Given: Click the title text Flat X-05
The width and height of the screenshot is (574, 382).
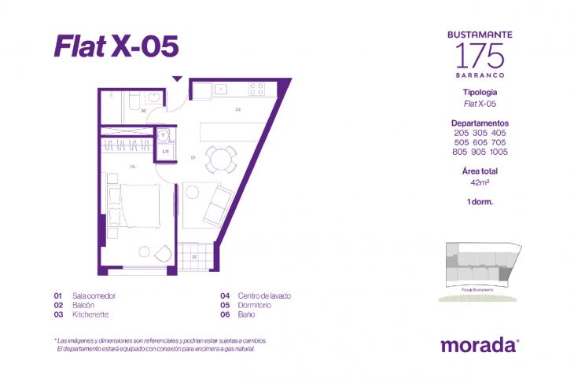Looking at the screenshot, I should coord(116,46).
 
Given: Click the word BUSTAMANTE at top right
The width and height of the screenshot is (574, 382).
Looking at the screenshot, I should coord(480,35).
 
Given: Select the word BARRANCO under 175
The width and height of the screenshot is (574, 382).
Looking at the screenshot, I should coord(480,75).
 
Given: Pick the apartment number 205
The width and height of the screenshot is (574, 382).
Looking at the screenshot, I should coord(460,133).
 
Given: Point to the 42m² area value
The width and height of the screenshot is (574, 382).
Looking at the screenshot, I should coord(480,182).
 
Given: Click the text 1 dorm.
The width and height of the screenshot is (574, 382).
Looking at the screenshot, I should coord(480,202).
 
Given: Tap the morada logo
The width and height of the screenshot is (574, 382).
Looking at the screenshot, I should coord(479,344).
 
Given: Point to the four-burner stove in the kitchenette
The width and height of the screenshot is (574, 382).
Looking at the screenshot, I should coord(259,88).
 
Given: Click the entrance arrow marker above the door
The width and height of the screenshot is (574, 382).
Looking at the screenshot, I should coord(178,79).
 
